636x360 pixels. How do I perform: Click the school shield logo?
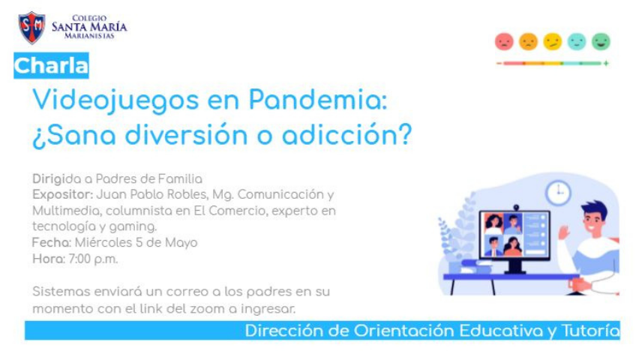tap(31, 28)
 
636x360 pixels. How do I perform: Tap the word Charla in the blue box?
tap(51, 65)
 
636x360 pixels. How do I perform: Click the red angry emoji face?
tap(504, 41)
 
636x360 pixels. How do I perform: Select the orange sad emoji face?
tap(528, 41)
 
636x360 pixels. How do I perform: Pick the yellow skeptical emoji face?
tap(553, 41)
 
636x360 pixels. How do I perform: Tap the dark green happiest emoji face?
tap(601, 41)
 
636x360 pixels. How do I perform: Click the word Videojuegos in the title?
tap(115, 100)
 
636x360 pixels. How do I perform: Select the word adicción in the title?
tap(346, 134)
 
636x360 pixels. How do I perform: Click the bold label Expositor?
tap(63, 194)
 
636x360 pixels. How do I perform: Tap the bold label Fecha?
tap(52, 242)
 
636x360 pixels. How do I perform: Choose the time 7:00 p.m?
tap(93, 259)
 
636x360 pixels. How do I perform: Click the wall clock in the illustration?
tap(558, 193)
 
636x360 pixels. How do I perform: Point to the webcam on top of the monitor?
tap(515, 208)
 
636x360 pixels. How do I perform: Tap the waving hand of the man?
tap(563, 232)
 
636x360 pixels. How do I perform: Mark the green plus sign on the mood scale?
tap(606, 63)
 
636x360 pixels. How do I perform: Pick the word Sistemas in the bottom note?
tap(61, 292)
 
